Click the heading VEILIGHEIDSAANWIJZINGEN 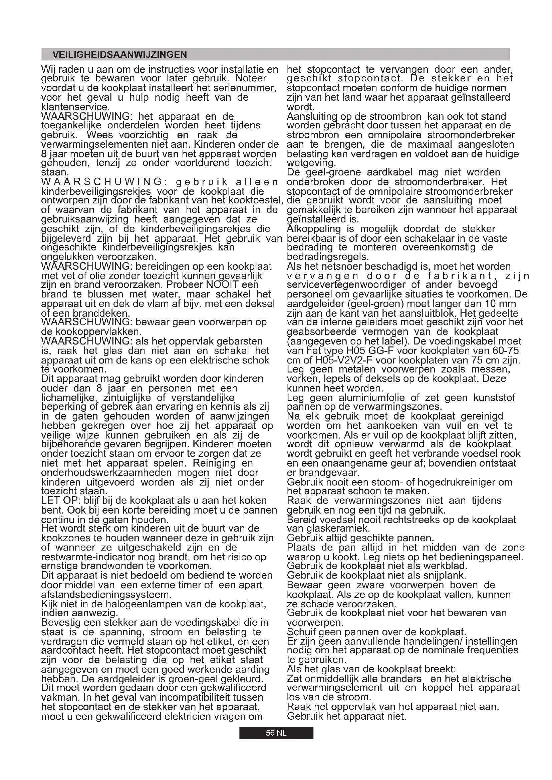point(120,54)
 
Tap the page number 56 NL point(276,733)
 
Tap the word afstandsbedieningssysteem point(106,595)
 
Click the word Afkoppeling point(314,229)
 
